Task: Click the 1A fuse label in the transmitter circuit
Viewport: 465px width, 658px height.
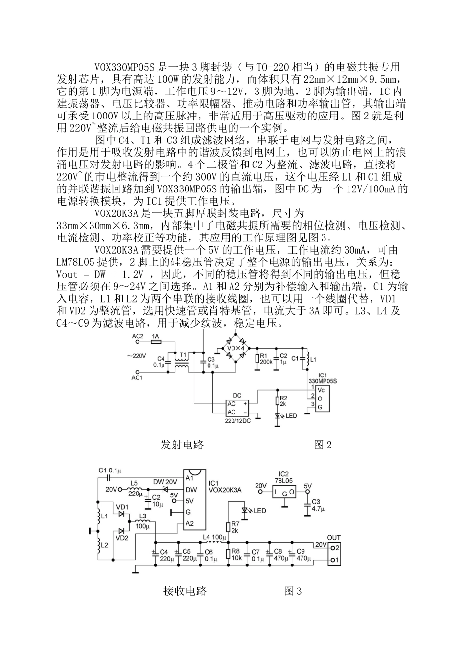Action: (x=155, y=336)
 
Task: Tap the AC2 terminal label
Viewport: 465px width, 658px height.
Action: (x=138, y=336)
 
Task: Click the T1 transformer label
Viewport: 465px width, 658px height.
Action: (x=184, y=355)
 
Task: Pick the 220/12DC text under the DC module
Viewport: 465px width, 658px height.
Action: (x=237, y=421)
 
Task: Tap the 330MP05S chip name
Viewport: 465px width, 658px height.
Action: (x=323, y=380)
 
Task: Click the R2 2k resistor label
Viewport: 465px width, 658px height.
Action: (x=283, y=401)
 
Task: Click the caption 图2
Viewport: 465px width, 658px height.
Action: (x=323, y=445)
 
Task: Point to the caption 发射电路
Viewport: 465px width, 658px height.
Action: (x=182, y=445)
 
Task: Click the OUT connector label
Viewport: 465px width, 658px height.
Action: (x=334, y=537)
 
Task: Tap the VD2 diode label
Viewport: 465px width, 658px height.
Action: (x=122, y=537)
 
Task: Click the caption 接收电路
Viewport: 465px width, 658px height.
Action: (x=185, y=591)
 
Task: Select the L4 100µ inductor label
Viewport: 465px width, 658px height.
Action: (x=213, y=537)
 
